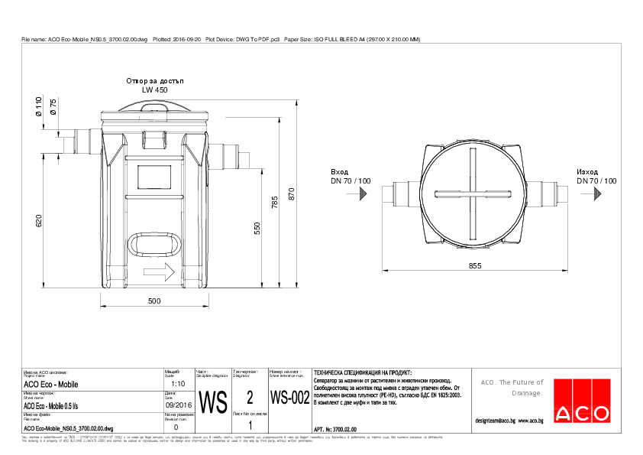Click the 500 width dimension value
coord(153,301)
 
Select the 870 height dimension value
coord(292,195)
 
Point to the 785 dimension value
coord(275,203)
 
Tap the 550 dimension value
coord(257,228)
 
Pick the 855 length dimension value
coord(474,265)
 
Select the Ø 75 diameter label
coord(53,107)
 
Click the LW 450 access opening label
coord(154,89)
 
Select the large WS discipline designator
coord(212,399)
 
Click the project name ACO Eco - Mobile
coord(51,385)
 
